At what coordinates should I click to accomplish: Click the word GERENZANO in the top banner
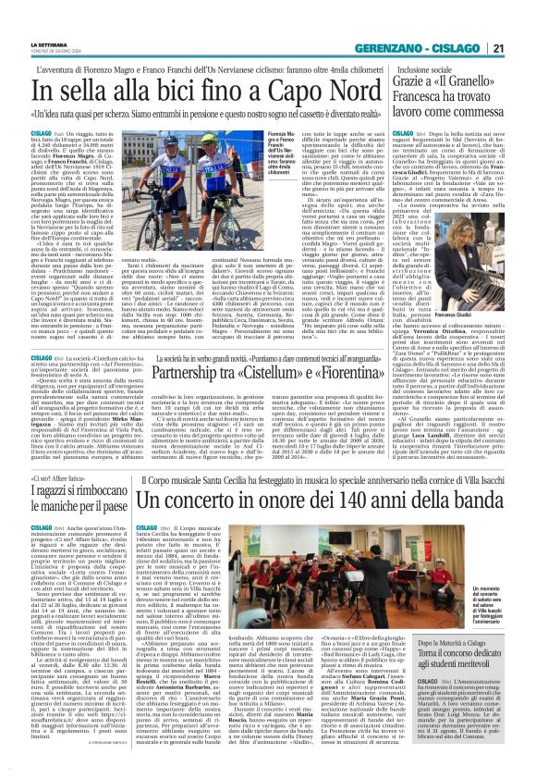(399, 24)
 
